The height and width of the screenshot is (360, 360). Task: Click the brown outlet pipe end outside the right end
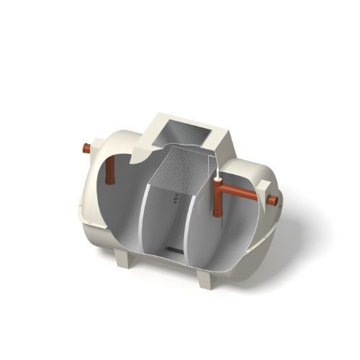(x=271, y=199)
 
